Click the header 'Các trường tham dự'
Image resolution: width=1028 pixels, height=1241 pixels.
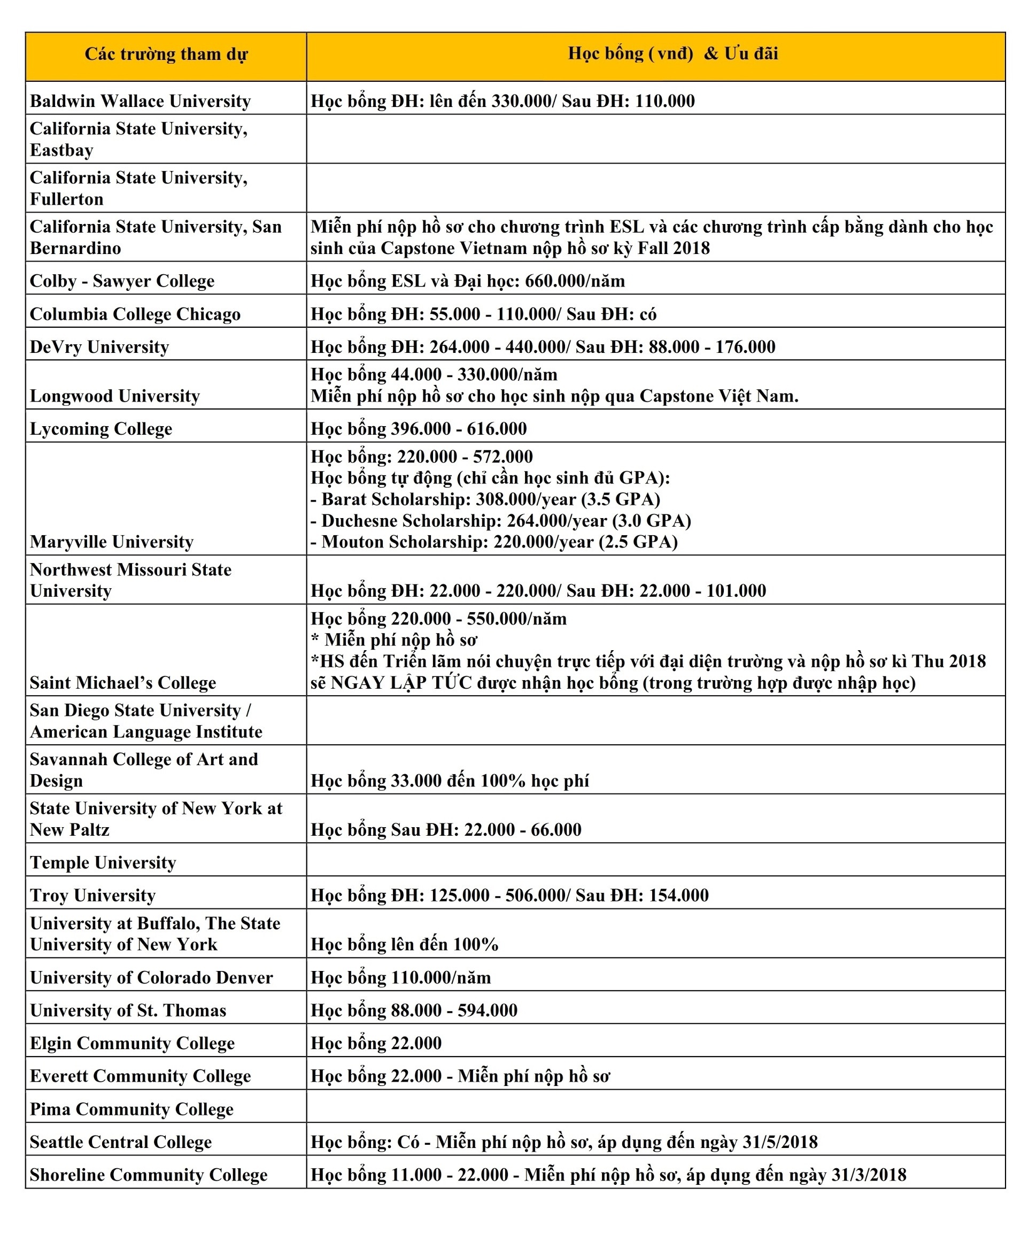coord(166,55)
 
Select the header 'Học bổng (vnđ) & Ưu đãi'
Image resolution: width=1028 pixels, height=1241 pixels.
coord(673,54)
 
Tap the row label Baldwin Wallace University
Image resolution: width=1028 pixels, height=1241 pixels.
coord(140,101)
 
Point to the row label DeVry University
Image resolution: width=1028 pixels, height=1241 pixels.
coord(99,347)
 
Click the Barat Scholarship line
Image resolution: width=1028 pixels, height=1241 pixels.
coord(485,499)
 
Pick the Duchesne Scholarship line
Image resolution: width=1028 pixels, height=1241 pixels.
coord(500,521)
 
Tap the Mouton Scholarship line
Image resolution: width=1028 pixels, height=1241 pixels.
coord(494,542)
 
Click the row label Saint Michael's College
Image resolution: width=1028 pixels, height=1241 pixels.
coord(123,683)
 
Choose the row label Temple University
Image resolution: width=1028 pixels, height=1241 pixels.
coord(103,862)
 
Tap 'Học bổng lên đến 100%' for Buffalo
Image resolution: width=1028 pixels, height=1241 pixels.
coord(404,944)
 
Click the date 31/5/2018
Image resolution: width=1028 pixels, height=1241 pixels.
coord(780,1142)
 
